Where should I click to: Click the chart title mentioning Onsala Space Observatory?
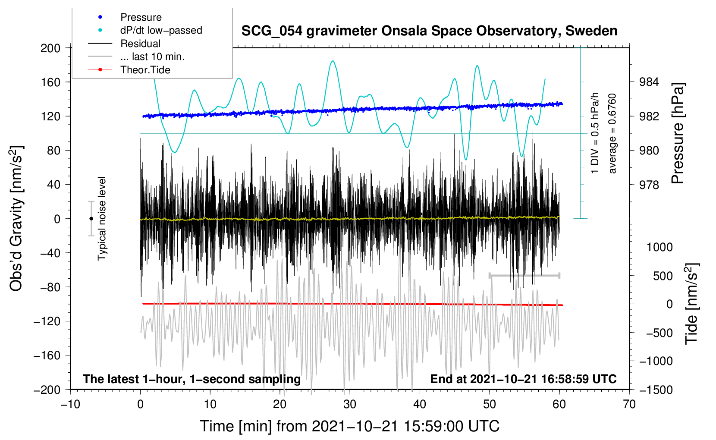(429, 31)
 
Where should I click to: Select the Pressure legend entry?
(141, 17)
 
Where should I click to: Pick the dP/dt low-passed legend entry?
(161, 30)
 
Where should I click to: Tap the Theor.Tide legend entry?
(145, 70)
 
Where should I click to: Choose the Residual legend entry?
(140, 44)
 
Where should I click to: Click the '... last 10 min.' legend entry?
(152, 57)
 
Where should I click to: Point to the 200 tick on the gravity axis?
(50, 48)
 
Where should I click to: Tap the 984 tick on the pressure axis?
(649, 82)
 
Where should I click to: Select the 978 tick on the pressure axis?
(649, 185)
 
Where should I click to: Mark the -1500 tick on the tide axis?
(656, 390)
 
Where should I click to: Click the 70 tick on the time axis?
(629, 404)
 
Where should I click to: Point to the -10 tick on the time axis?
(70, 404)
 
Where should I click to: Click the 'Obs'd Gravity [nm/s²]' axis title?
(16, 218)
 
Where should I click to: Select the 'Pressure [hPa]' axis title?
(678, 133)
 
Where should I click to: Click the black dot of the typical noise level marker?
(91, 219)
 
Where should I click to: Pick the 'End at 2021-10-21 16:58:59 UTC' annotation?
(523, 379)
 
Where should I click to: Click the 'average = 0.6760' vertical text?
(612, 133)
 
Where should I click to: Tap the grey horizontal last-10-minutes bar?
(524, 275)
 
